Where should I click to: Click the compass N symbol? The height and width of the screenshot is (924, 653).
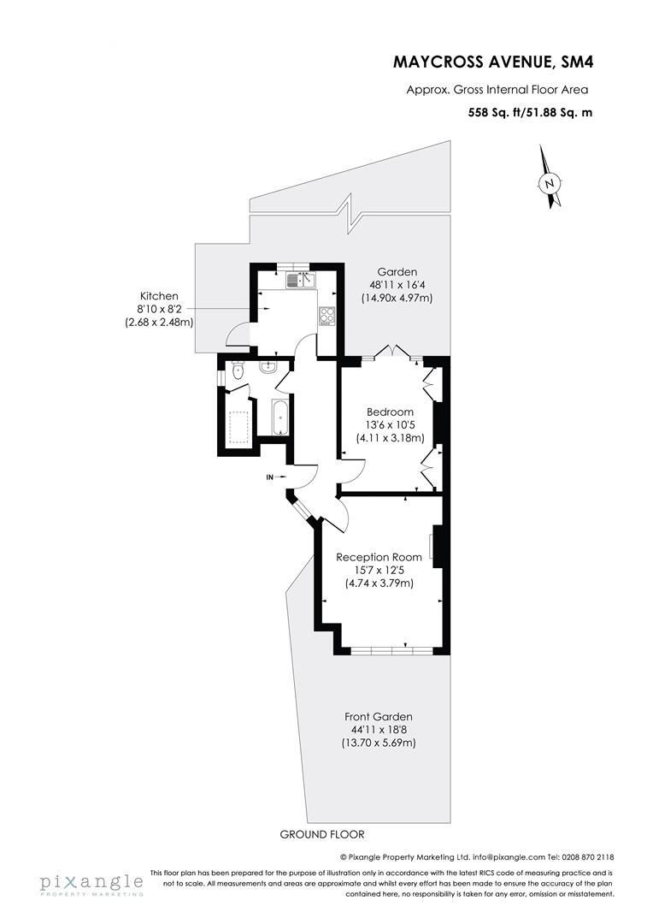(x=551, y=182)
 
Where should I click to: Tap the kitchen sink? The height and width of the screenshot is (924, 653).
(x=301, y=277)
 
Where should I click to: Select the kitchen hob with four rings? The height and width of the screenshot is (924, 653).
(x=326, y=316)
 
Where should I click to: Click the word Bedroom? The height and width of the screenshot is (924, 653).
(x=390, y=412)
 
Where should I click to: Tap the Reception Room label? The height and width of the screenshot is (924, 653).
(x=379, y=556)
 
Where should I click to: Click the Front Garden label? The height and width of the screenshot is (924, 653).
(x=379, y=716)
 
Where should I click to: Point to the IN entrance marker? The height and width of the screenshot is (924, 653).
(x=271, y=477)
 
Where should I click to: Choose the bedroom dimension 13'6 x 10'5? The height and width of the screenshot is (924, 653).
(x=390, y=425)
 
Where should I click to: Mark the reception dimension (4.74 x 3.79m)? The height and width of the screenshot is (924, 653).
(x=379, y=583)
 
